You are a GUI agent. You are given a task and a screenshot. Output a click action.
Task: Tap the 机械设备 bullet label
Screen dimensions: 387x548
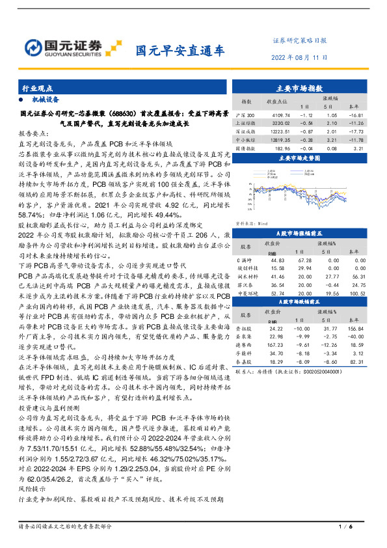[46, 100]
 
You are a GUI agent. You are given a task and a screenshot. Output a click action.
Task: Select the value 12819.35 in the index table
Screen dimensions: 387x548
[273, 139]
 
